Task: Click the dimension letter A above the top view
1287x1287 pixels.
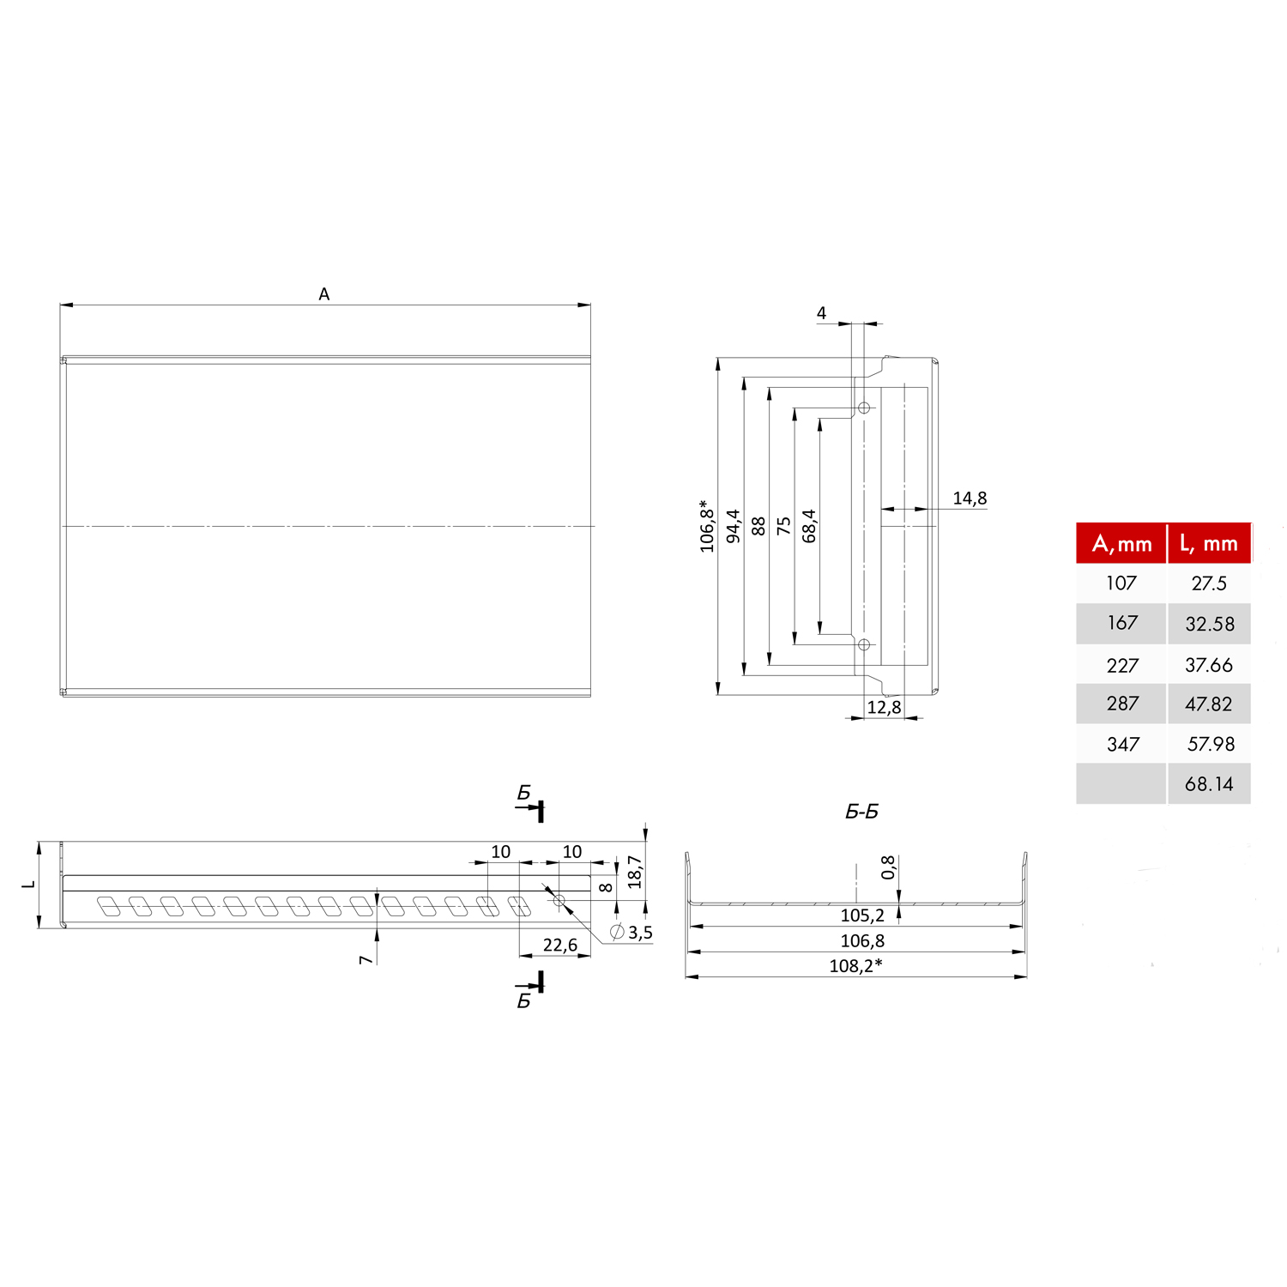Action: click(324, 294)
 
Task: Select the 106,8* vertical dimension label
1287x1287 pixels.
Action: click(706, 526)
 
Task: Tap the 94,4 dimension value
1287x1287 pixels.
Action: click(733, 526)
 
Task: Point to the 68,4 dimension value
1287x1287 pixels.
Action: click(809, 526)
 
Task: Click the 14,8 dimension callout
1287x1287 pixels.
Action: click(970, 498)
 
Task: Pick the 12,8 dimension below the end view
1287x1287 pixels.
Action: click(884, 707)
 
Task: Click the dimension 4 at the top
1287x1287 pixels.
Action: click(821, 313)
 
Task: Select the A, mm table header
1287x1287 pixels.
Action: click(1121, 544)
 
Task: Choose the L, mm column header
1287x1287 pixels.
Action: click(1208, 544)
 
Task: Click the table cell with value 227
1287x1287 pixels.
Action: click(1122, 665)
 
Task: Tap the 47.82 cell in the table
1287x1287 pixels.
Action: click(1208, 704)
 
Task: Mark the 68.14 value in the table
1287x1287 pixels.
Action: click(1208, 784)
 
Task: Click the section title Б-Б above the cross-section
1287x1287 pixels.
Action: click(861, 812)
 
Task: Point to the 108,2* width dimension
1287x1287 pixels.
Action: click(855, 966)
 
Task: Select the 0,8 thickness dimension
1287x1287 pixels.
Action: click(888, 867)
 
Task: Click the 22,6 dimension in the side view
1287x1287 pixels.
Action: click(559, 946)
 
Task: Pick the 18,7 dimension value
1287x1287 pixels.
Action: click(634, 872)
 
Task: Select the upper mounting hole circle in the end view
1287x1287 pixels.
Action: click(864, 408)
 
